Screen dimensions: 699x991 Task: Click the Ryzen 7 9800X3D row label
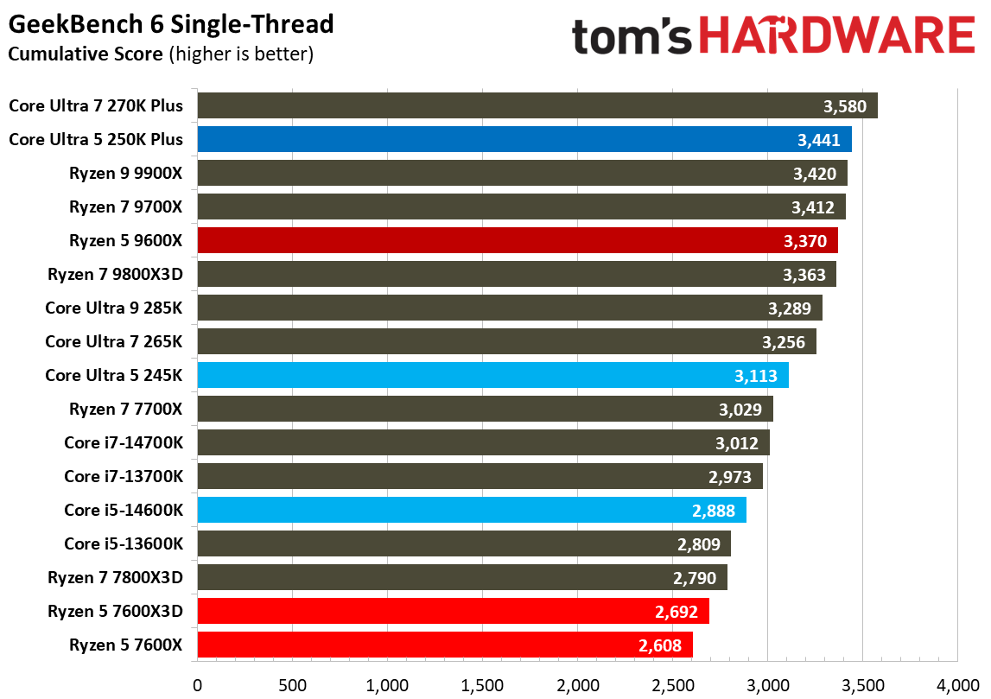point(121,275)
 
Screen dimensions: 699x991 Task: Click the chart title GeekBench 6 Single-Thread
point(170,24)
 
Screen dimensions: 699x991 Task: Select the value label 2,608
point(661,645)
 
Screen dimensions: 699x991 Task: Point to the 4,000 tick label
point(956,685)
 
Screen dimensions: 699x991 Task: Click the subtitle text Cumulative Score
point(84,54)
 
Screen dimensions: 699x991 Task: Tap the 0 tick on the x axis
point(198,685)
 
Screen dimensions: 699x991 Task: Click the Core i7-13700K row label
point(123,476)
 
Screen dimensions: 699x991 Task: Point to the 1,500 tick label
point(482,685)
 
